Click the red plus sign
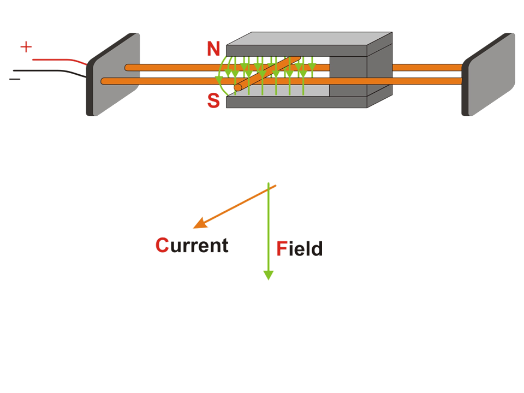(x=26, y=47)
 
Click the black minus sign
(x=14, y=79)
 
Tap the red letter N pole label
(x=213, y=49)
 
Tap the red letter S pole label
(x=213, y=101)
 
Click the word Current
(x=192, y=246)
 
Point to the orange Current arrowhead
(x=199, y=224)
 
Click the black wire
(x=49, y=71)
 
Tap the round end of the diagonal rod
(x=238, y=87)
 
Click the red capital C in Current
(x=162, y=246)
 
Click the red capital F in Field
(x=282, y=249)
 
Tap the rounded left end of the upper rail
(x=128, y=68)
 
